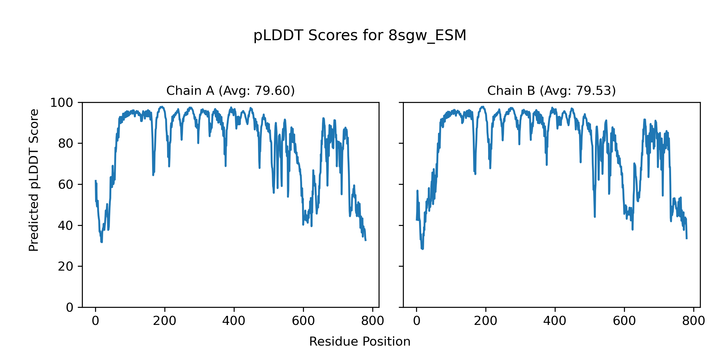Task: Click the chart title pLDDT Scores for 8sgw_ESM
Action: [x=360, y=35]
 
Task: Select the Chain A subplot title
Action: [x=230, y=91]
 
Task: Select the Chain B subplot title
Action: [x=551, y=91]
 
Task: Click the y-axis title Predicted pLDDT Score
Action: [x=34, y=180]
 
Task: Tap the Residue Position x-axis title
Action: [x=360, y=342]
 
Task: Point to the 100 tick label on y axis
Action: [x=61, y=103]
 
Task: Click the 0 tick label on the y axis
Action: [x=70, y=307]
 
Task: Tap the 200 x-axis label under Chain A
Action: [x=165, y=321]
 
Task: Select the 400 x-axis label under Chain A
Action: [x=234, y=321]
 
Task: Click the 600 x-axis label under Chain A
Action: [x=303, y=321]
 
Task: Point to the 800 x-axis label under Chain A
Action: [x=373, y=321]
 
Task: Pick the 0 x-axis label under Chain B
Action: [x=416, y=321]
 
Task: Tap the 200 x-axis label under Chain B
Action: [x=486, y=321]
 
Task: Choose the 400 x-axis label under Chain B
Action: [x=555, y=321]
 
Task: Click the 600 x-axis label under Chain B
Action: [x=624, y=321]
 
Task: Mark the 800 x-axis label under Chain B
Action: [x=694, y=321]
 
